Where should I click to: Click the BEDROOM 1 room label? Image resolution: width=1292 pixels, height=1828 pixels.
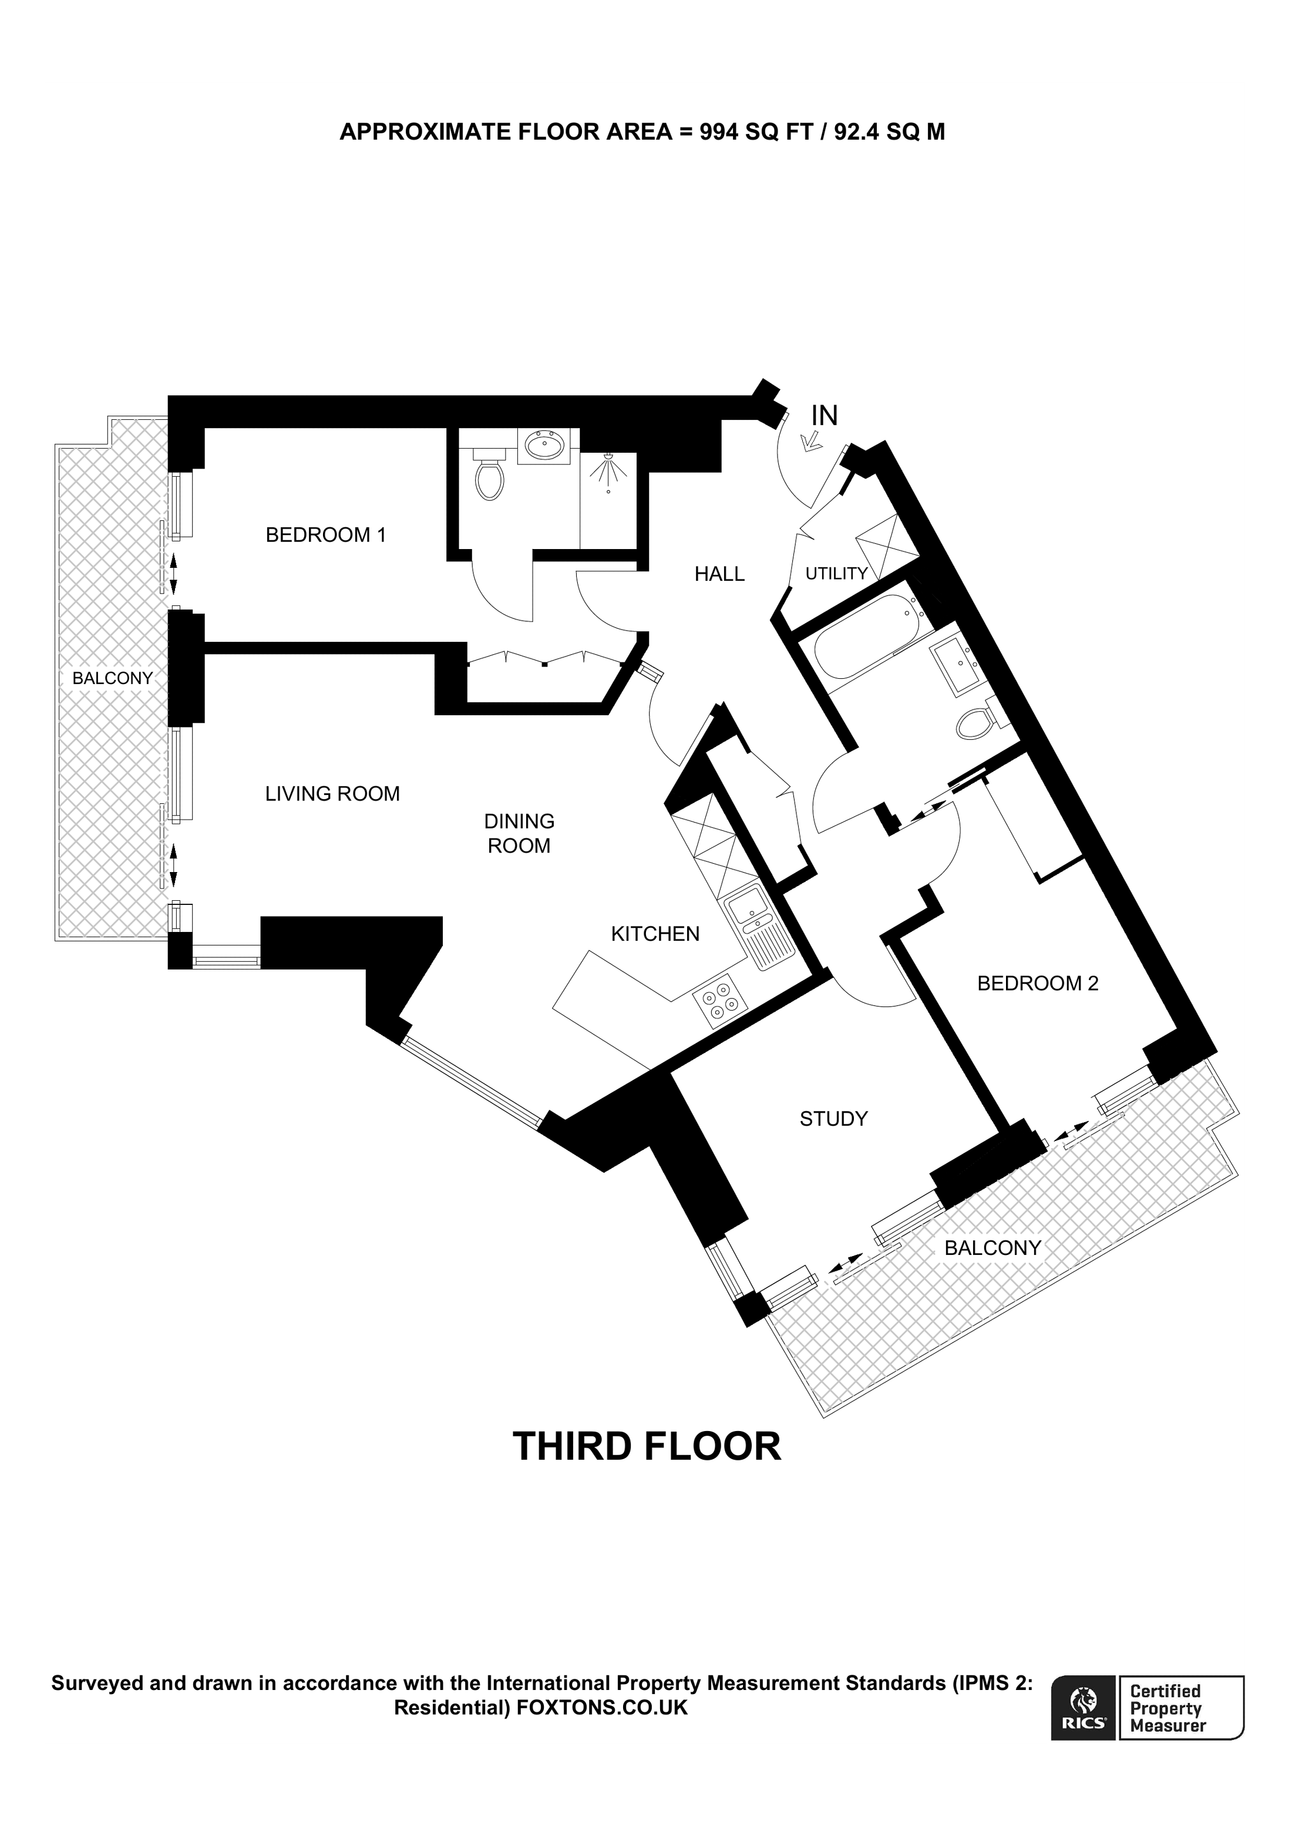coord(325,535)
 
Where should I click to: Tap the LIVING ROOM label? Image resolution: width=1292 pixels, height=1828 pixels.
coord(332,794)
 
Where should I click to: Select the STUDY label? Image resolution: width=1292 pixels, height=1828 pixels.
coord(833,1119)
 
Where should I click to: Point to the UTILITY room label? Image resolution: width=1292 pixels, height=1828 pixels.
coord(836,573)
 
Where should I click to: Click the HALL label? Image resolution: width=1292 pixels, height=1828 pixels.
coord(719,574)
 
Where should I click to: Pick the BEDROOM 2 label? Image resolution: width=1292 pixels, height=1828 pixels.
coord(1037,983)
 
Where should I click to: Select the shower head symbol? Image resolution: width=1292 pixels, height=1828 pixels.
coord(609,472)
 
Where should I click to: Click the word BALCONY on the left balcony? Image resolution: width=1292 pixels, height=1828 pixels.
coord(112,678)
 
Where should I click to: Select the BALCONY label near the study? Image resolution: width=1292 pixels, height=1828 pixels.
coord(992,1248)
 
